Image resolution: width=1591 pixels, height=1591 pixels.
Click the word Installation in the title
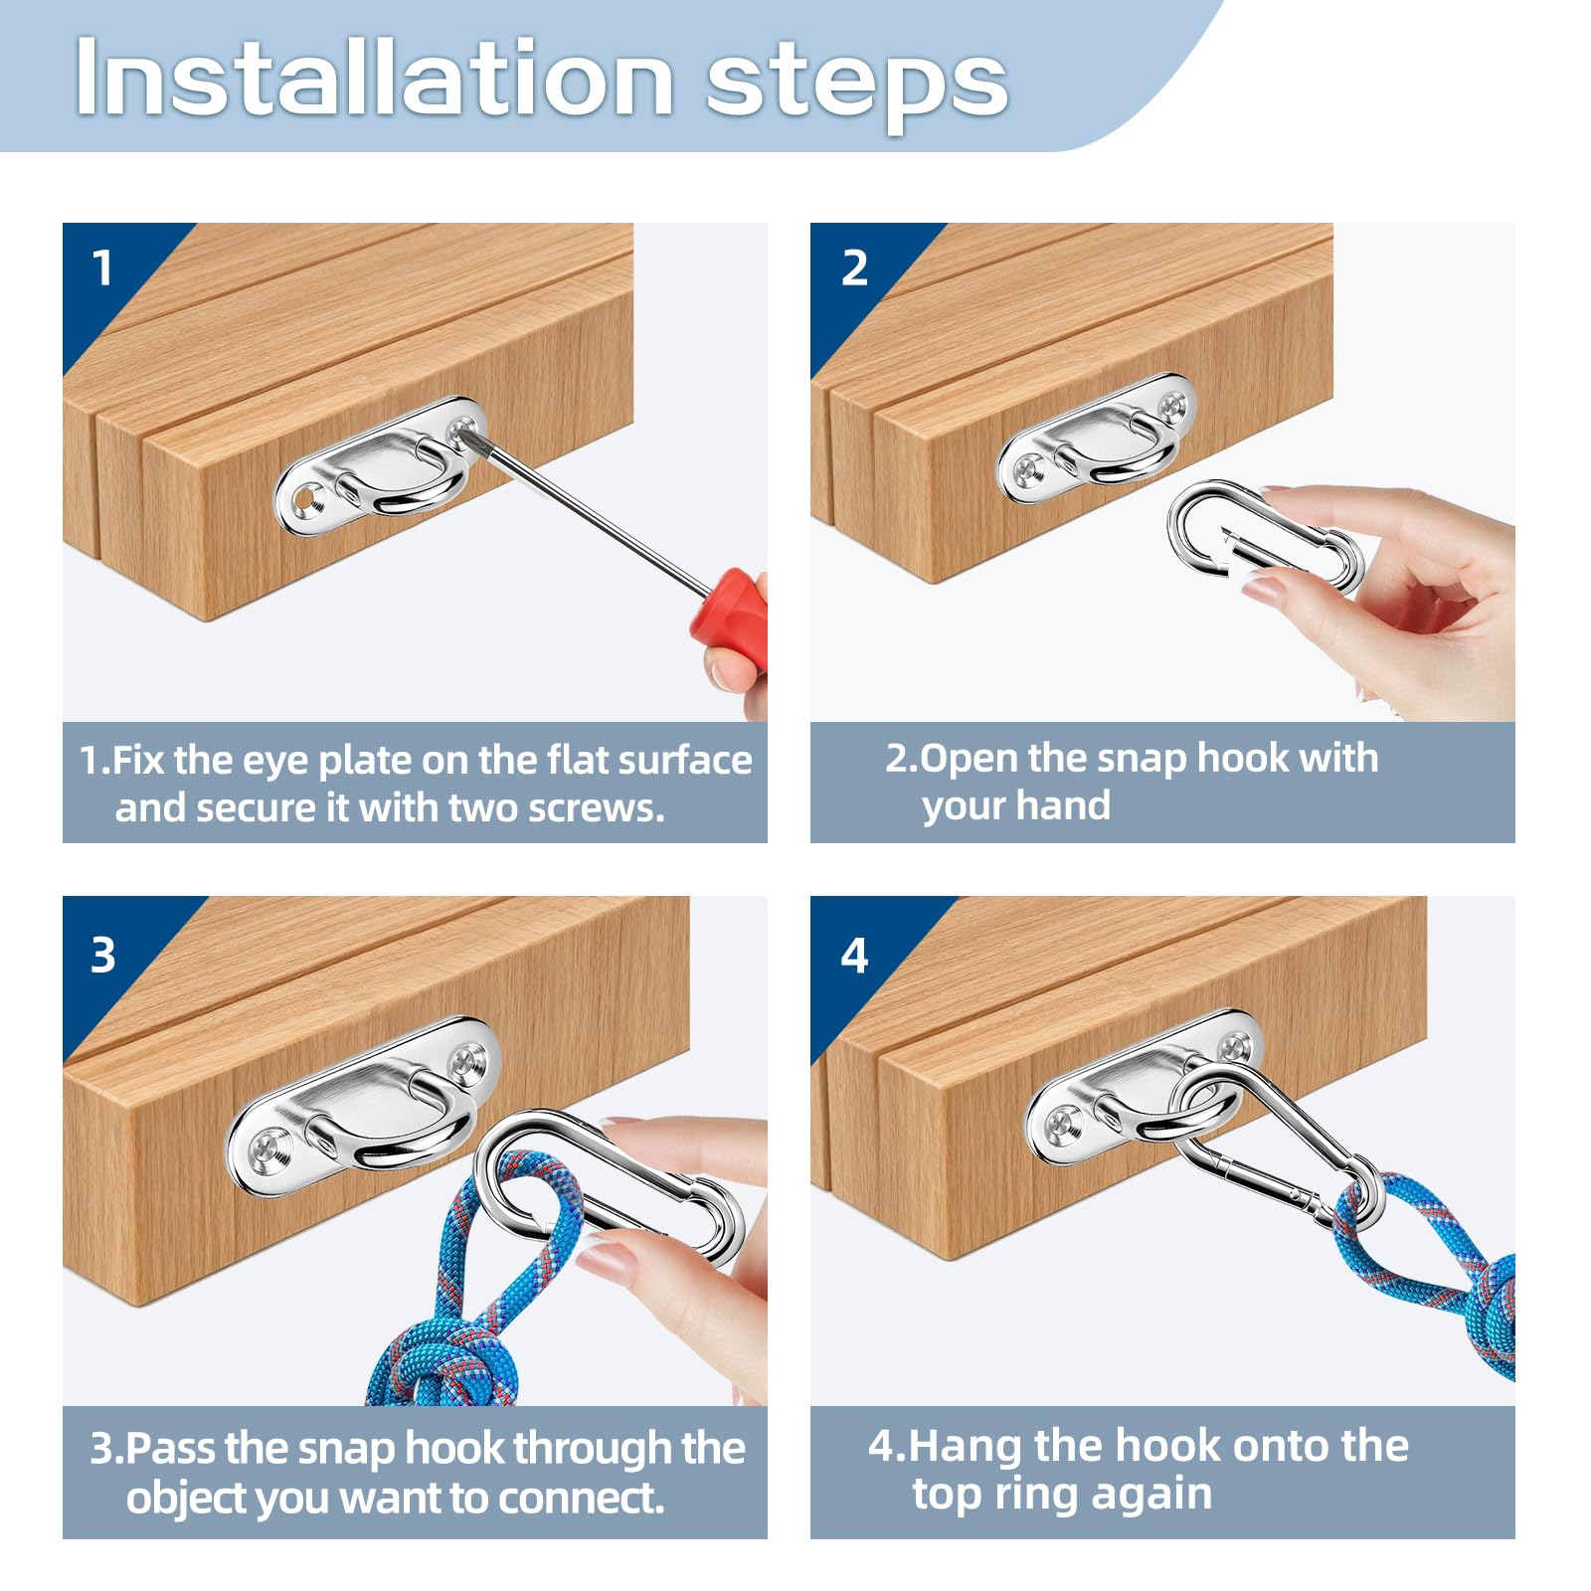[x=375, y=78]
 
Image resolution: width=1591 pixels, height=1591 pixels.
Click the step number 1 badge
[x=102, y=267]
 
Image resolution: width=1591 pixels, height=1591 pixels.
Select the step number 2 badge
[x=854, y=267]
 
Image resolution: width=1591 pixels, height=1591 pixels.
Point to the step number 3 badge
[x=103, y=955]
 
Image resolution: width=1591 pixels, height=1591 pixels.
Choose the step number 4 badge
[x=854, y=956]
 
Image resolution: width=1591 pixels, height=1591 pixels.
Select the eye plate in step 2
[x=1097, y=439]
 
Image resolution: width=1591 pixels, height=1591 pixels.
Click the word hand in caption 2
[x=1064, y=804]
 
